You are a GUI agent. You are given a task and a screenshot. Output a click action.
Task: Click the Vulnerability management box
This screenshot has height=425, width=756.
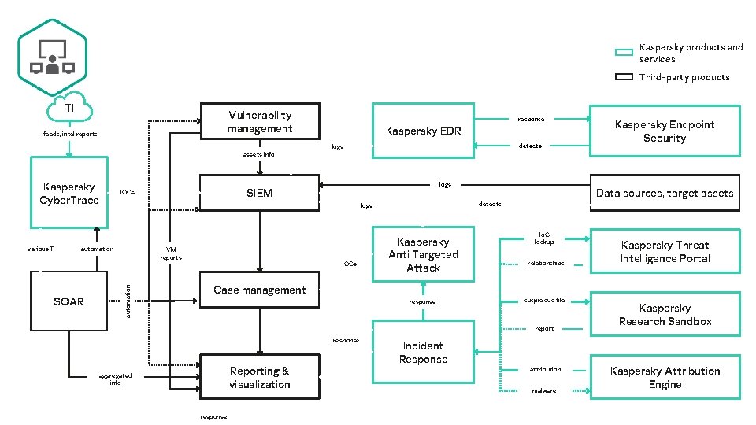pos(260,122)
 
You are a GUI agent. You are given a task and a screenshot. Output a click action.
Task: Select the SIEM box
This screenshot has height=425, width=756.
pos(260,193)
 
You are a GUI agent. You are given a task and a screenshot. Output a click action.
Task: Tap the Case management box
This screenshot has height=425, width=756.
pos(260,290)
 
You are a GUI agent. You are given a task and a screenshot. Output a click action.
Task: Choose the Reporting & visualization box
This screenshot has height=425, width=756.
pos(260,378)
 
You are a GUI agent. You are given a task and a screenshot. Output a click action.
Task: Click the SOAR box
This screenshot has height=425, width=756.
pos(69,301)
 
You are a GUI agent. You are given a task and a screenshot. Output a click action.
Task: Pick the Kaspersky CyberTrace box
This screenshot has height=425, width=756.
pos(69,194)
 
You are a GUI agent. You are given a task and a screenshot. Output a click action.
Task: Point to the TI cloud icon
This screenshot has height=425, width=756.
pos(70,109)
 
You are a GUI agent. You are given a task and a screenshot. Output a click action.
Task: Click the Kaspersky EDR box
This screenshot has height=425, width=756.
pos(423,131)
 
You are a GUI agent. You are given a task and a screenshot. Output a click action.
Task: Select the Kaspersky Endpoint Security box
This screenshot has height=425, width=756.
pos(665,131)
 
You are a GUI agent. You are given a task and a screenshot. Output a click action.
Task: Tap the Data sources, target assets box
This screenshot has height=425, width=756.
pos(665,193)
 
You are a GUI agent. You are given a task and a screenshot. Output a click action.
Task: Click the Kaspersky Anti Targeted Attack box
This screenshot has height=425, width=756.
pos(423,254)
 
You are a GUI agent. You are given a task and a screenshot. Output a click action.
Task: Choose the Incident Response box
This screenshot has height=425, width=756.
pos(423,353)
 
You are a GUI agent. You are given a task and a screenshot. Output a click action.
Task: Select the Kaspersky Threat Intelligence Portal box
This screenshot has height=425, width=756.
pos(665,252)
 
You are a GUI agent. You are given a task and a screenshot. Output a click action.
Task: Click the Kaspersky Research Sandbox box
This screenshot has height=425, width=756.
pos(665,315)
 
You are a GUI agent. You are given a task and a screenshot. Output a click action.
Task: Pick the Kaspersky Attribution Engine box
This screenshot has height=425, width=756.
pos(665,378)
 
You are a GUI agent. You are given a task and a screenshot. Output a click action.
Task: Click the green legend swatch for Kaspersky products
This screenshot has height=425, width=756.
pos(624,53)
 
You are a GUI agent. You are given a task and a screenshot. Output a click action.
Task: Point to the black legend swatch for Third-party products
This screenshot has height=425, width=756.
pos(624,77)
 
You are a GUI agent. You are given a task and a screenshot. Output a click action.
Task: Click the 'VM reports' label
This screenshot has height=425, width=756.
pos(171,254)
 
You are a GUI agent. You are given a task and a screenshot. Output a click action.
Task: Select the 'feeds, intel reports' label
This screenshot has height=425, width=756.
pos(70,134)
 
